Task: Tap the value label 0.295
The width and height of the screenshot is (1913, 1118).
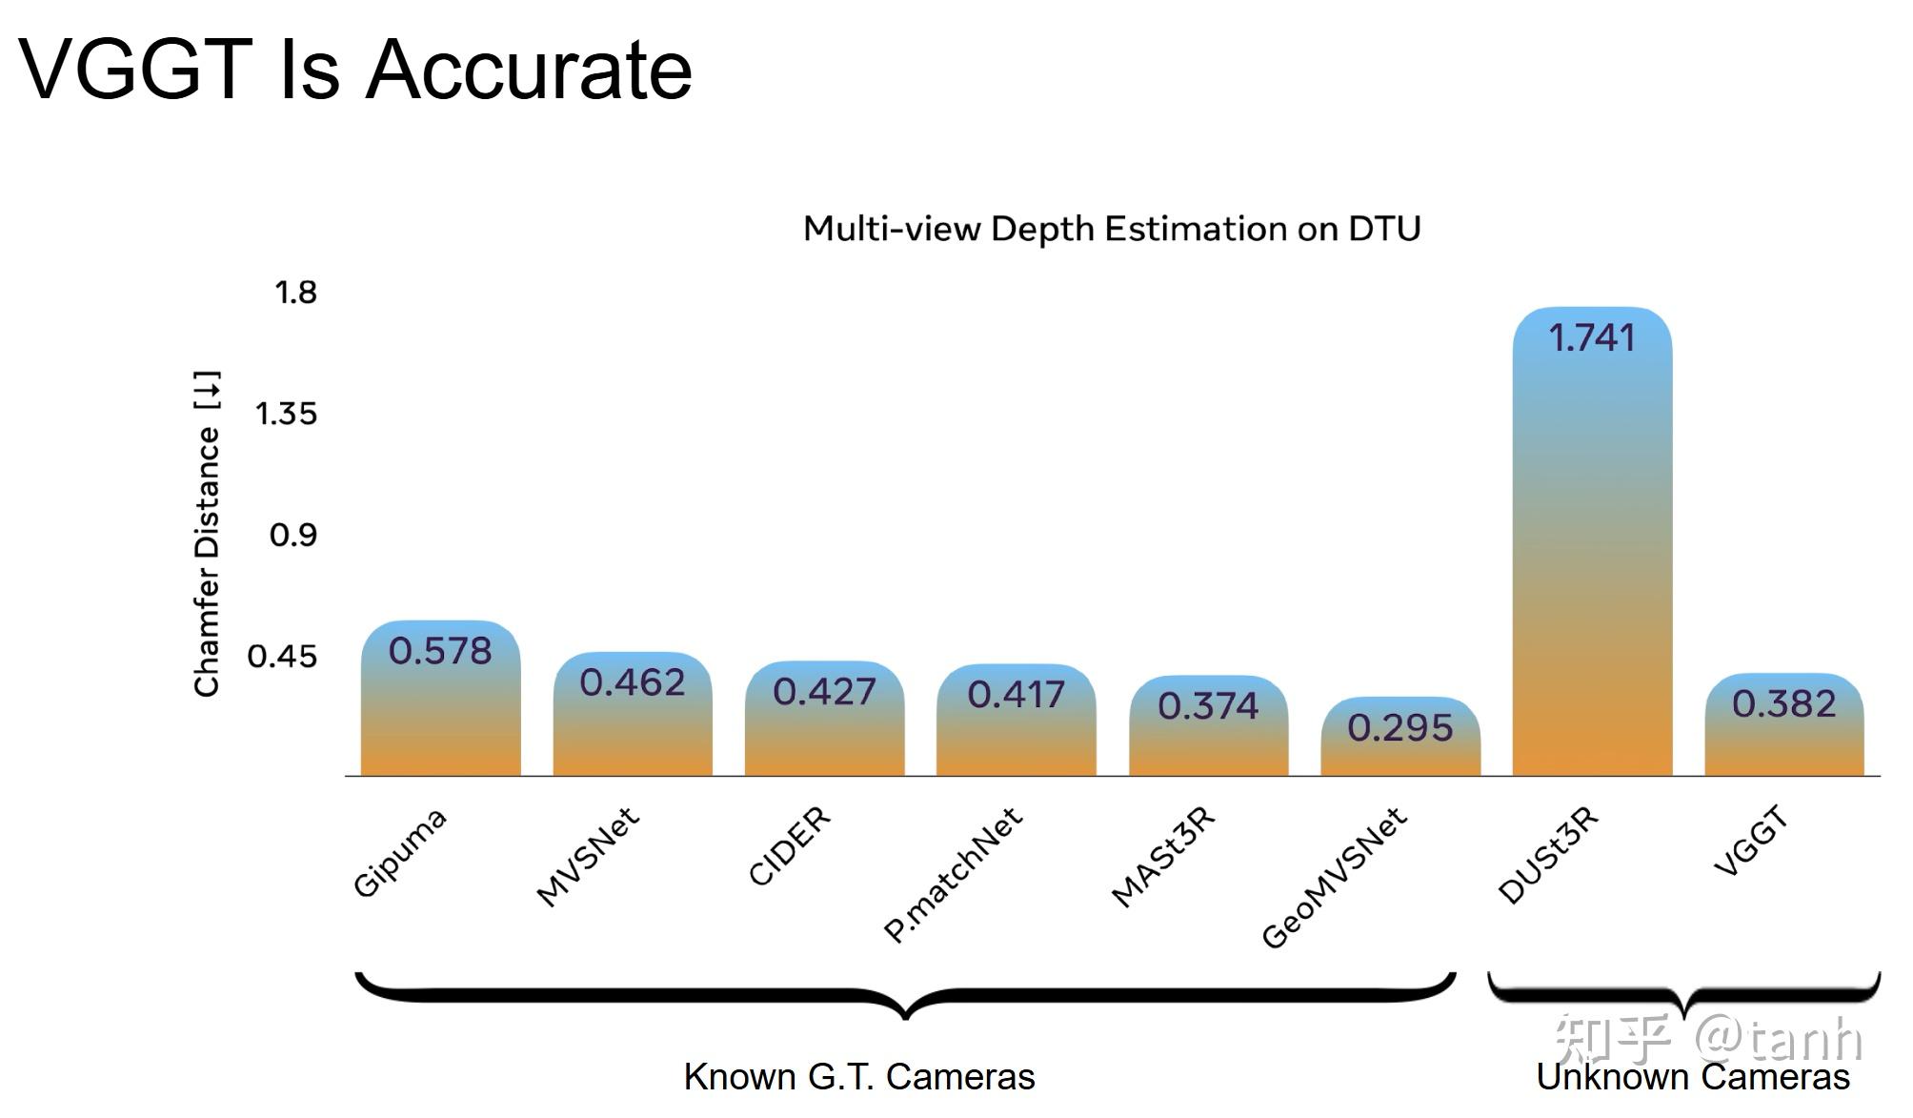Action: point(1400,728)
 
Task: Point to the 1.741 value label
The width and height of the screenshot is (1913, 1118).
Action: point(1592,337)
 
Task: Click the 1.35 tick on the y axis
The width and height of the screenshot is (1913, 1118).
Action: point(286,414)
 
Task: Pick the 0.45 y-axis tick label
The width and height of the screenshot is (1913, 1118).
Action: point(282,656)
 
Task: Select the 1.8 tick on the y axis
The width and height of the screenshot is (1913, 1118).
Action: point(295,292)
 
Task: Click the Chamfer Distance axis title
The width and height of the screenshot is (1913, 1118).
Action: point(207,534)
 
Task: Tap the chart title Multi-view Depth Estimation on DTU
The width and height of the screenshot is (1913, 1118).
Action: point(1111,229)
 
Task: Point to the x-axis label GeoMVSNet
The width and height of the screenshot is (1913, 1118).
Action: point(1334,877)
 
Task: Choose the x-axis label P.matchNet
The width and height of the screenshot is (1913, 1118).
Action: point(953,874)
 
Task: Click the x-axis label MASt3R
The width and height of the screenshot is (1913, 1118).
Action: point(1163,856)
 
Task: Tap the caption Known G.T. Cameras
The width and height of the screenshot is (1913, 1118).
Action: point(859,1076)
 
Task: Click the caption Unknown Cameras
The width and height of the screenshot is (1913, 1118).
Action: point(1692,1077)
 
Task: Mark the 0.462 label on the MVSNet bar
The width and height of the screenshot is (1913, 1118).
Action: point(633,682)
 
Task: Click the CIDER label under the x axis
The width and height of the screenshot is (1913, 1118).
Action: point(789,845)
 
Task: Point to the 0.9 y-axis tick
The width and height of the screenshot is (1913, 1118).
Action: point(292,535)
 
